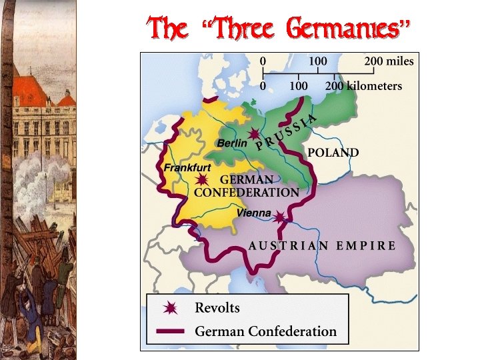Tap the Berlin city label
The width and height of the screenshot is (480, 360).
[x=231, y=143]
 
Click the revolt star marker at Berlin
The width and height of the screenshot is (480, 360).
[x=254, y=135]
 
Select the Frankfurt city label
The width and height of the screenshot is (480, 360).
[x=187, y=167]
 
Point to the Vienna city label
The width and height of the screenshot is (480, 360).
[x=253, y=213]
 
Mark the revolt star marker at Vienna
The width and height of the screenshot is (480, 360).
[x=279, y=217]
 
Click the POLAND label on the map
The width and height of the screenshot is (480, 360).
[x=333, y=153]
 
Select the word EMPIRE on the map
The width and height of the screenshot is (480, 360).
[x=366, y=245]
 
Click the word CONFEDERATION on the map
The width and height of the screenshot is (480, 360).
[x=247, y=193]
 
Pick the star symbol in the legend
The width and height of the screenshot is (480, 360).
[x=171, y=308]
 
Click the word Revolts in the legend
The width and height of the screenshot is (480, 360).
[x=217, y=308]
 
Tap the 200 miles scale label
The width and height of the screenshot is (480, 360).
[x=389, y=61]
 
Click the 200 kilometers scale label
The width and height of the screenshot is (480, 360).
[x=363, y=86]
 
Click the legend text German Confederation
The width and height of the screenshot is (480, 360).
[x=265, y=331]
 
